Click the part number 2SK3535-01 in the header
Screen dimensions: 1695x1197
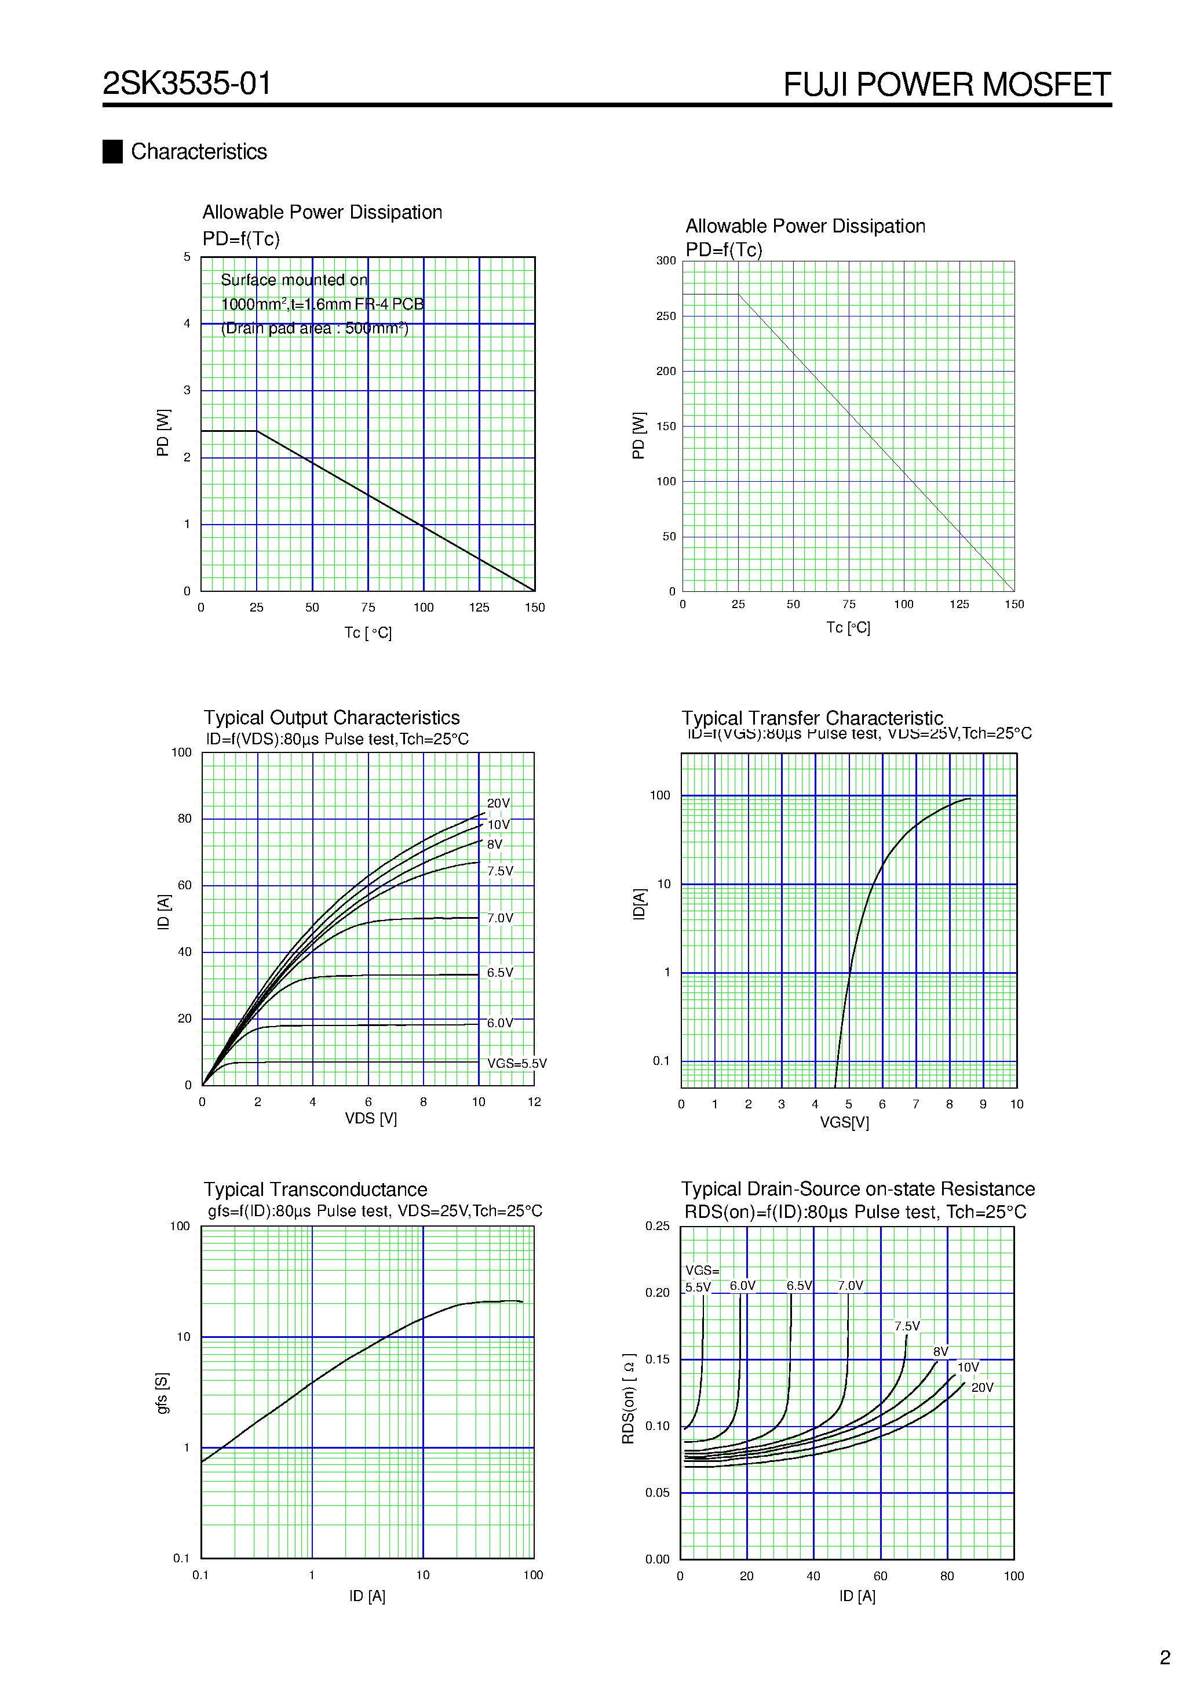[x=187, y=83]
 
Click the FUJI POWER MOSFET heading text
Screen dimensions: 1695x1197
[x=946, y=85]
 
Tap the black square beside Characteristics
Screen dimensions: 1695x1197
[x=112, y=151]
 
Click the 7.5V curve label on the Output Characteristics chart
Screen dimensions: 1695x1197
[x=499, y=871]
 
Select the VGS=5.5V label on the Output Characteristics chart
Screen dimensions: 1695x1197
[x=517, y=1063]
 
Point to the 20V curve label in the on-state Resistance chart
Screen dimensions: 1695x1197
[x=981, y=1387]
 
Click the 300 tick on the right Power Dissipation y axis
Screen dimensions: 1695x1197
[x=666, y=261]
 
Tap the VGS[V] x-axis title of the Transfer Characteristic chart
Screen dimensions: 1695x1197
[x=844, y=1122]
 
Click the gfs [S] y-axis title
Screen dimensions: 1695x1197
[x=162, y=1393]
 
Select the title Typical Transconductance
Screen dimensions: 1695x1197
[x=315, y=1190]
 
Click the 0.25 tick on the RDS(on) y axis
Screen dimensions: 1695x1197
[x=658, y=1225]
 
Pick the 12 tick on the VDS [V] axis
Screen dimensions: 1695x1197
[x=534, y=1101]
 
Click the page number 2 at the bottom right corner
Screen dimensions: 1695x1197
[x=1165, y=1657]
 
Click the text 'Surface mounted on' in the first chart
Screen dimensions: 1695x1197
[x=294, y=280]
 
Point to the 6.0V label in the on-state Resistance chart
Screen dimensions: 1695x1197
[x=742, y=1285]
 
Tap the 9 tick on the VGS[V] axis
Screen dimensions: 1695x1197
[x=983, y=1104]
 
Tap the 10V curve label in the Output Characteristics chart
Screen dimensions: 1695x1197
[x=498, y=825]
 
